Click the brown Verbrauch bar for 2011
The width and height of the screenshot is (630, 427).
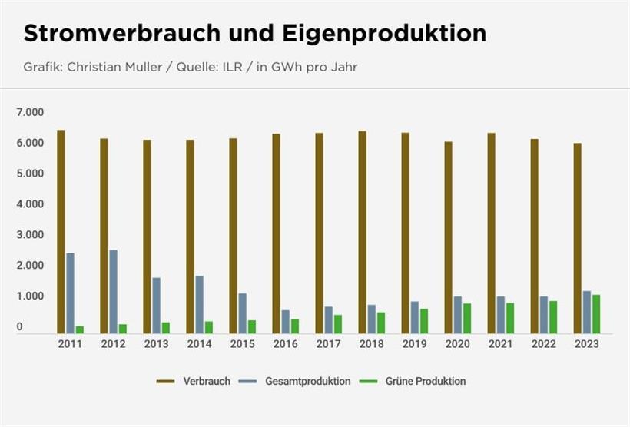(61, 231)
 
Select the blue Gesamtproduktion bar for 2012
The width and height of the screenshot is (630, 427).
(113, 291)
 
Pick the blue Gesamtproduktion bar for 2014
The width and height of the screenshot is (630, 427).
(199, 304)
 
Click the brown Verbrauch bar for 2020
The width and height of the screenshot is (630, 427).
(448, 237)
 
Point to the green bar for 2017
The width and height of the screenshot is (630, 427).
(338, 323)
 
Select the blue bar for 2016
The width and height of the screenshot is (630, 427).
(285, 321)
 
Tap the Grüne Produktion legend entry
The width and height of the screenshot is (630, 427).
(421, 381)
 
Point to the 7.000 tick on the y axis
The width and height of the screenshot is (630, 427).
(31, 112)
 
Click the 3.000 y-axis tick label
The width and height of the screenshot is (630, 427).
(31, 235)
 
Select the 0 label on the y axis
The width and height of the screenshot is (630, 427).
(21, 328)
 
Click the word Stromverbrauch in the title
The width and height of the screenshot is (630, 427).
(122, 34)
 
